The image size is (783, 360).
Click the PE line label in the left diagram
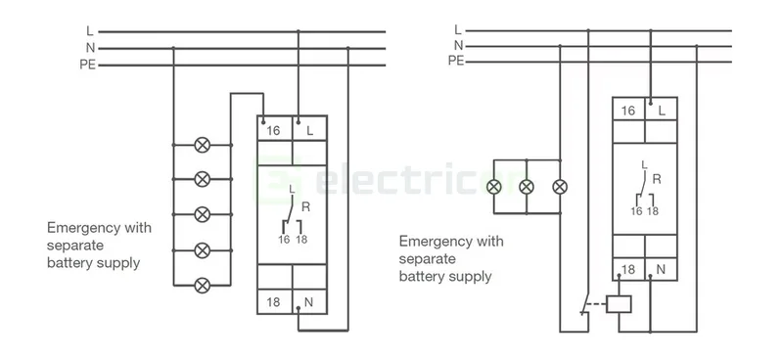[86, 66]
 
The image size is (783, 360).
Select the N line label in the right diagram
[457, 45]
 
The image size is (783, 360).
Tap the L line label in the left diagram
[89, 31]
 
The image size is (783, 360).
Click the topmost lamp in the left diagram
[203, 145]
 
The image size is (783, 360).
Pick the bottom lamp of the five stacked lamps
[203, 285]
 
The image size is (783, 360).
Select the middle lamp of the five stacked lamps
[203, 214]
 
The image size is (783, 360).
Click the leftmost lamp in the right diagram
[494, 186]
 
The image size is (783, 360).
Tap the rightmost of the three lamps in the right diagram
[559, 186]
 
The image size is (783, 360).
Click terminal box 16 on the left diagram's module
[273, 130]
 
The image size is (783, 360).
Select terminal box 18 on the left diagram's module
[273, 302]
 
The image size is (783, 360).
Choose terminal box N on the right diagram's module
[662, 269]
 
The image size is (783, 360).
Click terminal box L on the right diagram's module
[662, 111]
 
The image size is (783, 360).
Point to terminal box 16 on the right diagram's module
[627, 111]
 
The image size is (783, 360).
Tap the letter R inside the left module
[306, 207]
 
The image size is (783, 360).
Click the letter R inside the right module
[657, 179]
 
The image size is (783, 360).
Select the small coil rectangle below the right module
[620, 304]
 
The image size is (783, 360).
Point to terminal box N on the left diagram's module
[308, 302]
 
